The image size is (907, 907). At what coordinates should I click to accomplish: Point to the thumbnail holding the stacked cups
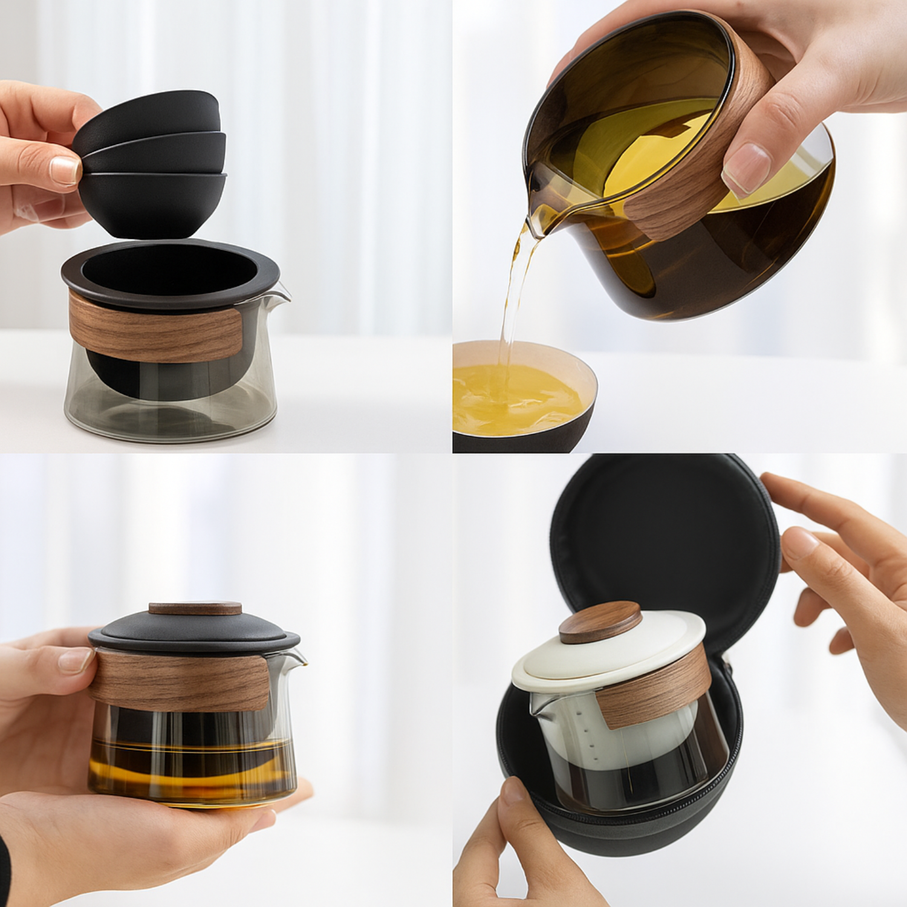[x=65, y=170]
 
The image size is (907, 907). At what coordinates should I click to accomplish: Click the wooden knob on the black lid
[x=195, y=608]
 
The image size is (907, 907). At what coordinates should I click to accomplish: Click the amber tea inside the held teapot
[x=190, y=771]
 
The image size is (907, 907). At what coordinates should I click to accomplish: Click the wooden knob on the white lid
[x=600, y=622]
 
